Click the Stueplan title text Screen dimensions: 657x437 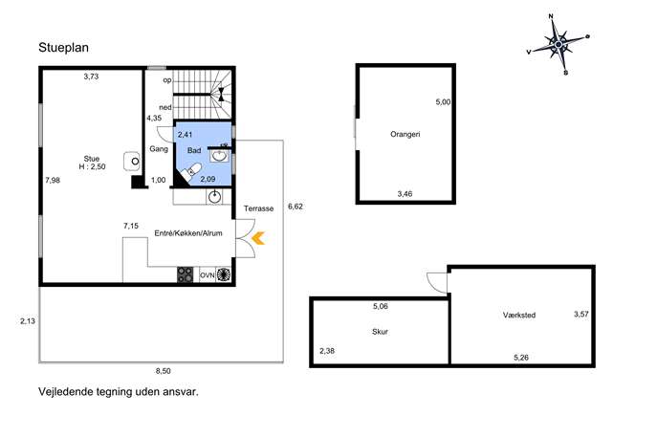[x=63, y=48]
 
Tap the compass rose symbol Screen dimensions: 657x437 [x=558, y=44]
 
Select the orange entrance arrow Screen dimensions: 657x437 [x=258, y=238]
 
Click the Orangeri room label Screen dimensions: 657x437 [x=405, y=135]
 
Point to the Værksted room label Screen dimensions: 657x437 [x=519, y=315]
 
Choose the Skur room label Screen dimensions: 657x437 [x=380, y=332]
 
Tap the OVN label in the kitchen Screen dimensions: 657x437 [x=207, y=275]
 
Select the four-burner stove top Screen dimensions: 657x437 [x=185, y=274]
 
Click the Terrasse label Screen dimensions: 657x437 [x=258, y=208]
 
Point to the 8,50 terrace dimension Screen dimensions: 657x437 [x=163, y=371]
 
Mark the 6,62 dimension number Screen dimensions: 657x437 [x=296, y=207]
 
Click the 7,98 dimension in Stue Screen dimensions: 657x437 [x=53, y=180]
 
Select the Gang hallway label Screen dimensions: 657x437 [x=159, y=149]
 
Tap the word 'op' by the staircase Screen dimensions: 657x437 [x=167, y=80]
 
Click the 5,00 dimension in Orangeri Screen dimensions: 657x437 [x=443, y=101]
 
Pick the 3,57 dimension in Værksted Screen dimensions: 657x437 [x=581, y=314]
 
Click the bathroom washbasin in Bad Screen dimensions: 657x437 [x=219, y=156]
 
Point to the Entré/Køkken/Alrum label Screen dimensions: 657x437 [x=188, y=233]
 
